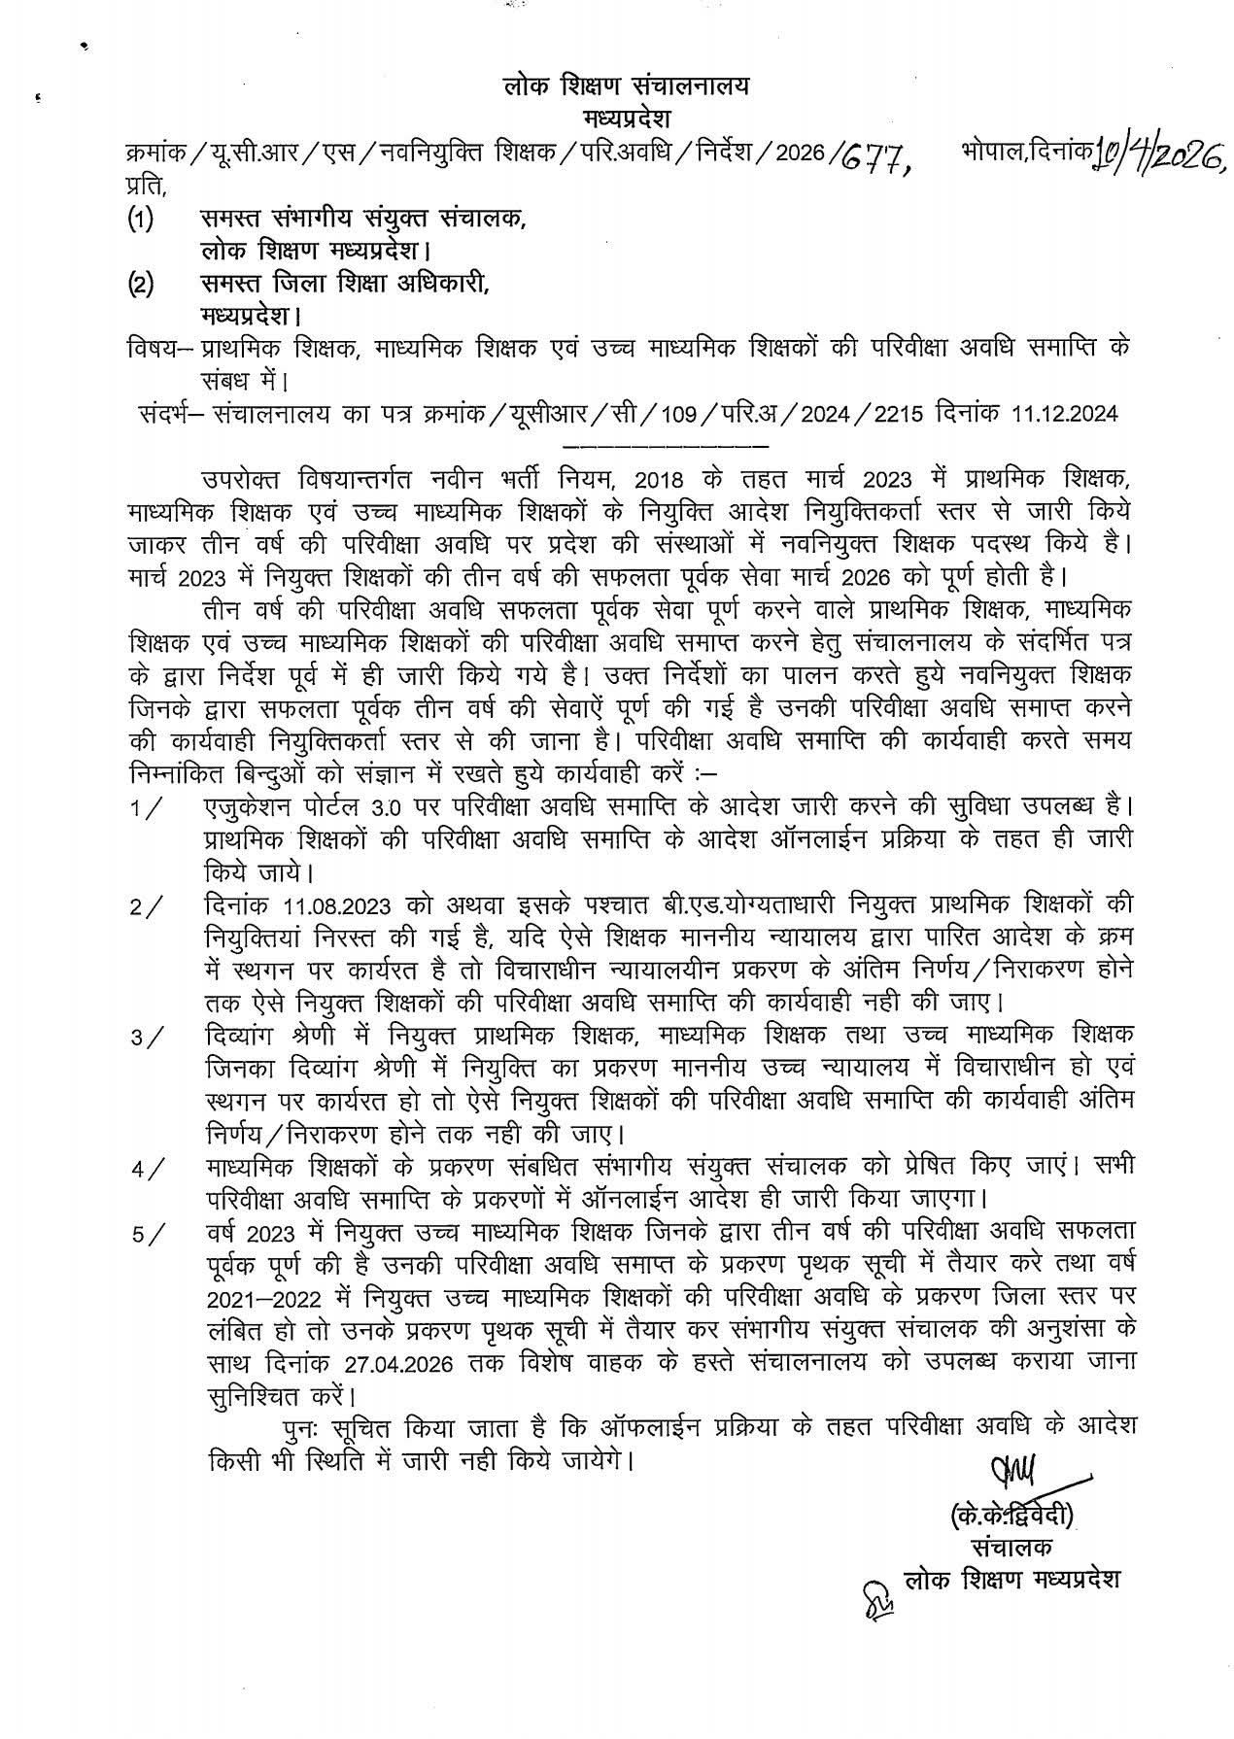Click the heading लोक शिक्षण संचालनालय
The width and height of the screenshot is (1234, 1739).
[x=628, y=85]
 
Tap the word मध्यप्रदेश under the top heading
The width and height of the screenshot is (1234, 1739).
[x=628, y=118]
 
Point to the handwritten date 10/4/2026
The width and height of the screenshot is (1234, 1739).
[x=1153, y=152]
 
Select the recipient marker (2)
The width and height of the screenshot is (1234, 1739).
[x=142, y=284]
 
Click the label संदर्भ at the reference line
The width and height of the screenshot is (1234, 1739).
[x=169, y=415]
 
